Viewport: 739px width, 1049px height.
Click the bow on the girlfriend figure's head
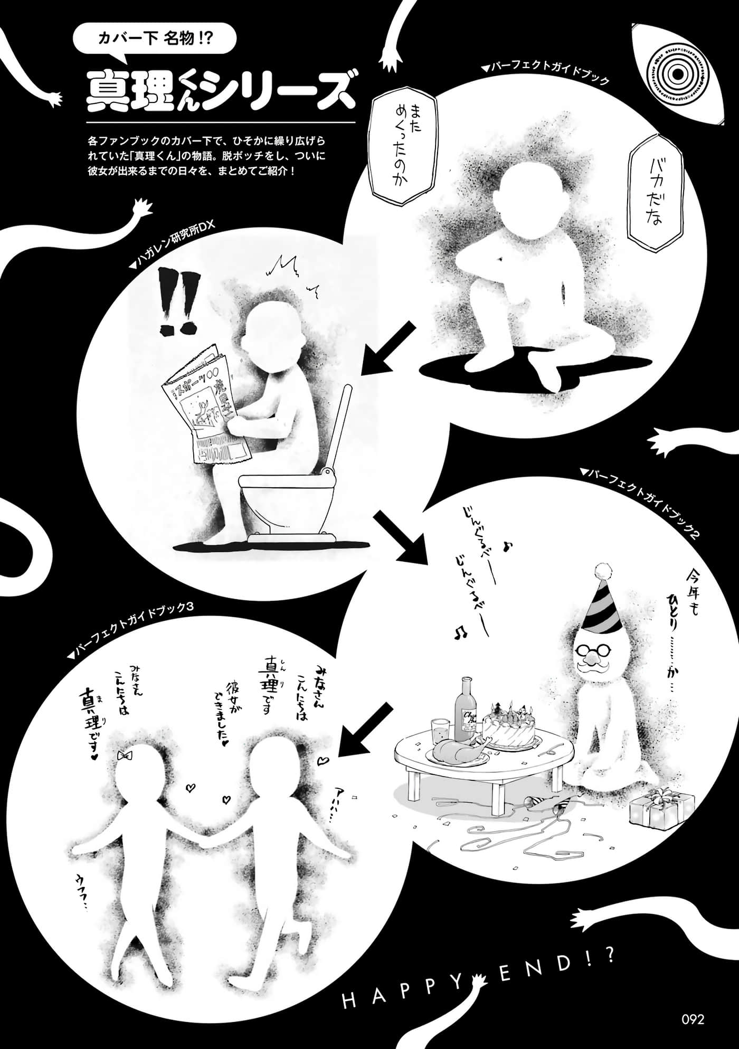pyautogui.click(x=125, y=755)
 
